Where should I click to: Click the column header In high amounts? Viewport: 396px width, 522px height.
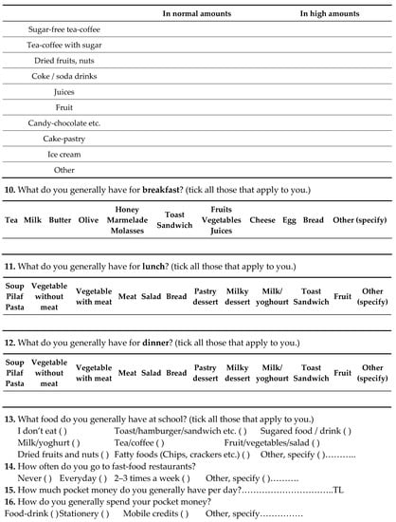[329, 14]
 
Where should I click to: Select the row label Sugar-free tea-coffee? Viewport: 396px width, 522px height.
[63, 29]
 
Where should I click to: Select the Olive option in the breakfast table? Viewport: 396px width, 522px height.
[88, 219]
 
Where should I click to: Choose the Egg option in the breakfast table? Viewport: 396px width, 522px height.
[288, 219]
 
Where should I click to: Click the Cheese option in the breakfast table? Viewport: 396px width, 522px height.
[262, 219]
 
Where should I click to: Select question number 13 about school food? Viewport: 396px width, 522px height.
[9, 419]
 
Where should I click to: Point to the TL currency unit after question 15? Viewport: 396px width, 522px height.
[338, 490]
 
